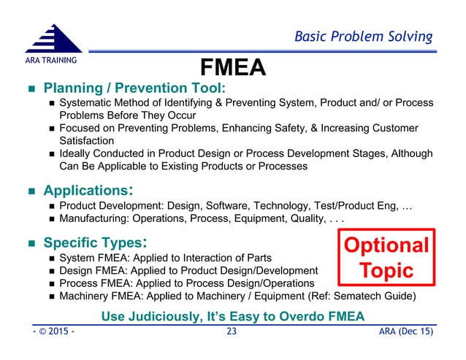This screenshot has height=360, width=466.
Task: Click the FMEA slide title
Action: (232, 67)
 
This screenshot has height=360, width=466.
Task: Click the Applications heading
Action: (88, 191)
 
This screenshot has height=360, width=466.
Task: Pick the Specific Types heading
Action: (96, 241)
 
